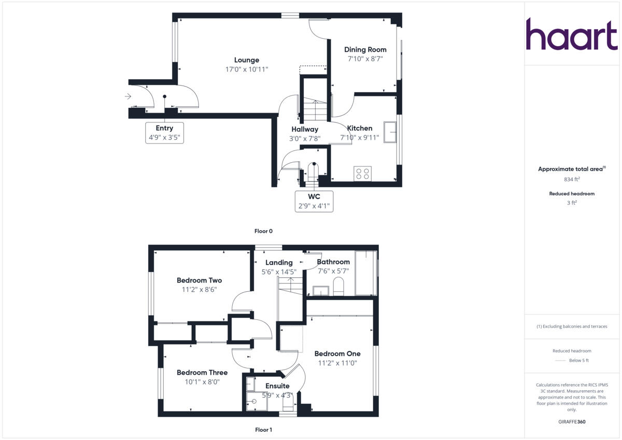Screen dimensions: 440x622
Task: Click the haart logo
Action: [x=572, y=34]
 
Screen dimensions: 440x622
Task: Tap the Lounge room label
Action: [x=246, y=60]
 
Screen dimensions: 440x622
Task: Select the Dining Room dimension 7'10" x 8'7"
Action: [x=365, y=59]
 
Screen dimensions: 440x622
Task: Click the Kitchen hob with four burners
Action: [x=363, y=173]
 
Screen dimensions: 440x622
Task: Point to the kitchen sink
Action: [x=390, y=132]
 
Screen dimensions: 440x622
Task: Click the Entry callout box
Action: [x=164, y=133]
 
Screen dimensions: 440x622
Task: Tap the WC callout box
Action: [x=314, y=201]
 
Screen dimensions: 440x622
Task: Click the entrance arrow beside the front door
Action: [x=128, y=96]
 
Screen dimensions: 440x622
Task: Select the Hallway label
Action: [x=304, y=129]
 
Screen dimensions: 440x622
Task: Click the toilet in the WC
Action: [x=314, y=171]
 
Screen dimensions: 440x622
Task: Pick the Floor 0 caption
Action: [x=263, y=231]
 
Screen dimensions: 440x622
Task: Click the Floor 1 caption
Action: [x=263, y=430]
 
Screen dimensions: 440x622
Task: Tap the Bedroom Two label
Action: [x=199, y=280]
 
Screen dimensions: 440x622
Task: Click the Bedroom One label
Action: [x=337, y=354]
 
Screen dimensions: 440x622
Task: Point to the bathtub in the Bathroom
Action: [x=366, y=273]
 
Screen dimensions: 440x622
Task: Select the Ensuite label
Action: [x=277, y=386]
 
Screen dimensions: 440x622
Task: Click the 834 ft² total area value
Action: [x=572, y=179]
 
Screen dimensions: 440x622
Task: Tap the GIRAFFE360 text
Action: [x=572, y=422]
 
